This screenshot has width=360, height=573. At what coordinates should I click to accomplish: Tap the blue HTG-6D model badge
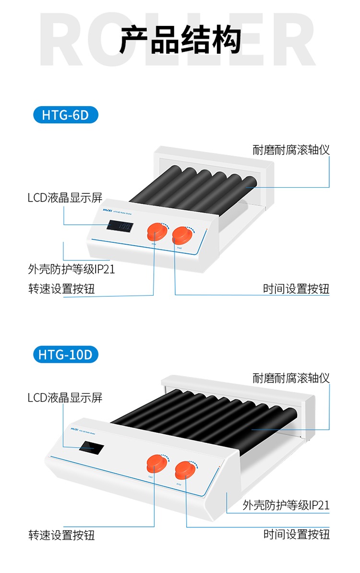point(66,115)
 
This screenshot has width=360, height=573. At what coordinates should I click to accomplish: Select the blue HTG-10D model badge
point(66,355)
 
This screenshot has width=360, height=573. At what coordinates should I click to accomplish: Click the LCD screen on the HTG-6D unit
point(120,226)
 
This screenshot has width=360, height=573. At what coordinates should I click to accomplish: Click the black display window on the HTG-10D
point(90,449)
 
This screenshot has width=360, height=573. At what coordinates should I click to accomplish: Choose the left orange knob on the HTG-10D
point(157,464)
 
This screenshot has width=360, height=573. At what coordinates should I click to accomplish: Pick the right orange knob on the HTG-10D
point(186,469)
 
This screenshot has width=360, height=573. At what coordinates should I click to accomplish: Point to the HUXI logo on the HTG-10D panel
point(74,430)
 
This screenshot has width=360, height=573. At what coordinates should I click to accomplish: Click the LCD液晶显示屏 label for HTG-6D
point(65,197)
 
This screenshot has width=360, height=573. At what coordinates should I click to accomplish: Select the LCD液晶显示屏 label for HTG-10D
point(65,397)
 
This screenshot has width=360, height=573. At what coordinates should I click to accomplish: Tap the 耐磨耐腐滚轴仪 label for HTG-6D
point(291,150)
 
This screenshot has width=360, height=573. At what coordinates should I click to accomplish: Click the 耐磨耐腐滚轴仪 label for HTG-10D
point(291,378)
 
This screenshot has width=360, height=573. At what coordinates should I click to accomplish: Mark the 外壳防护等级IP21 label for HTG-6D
point(72,269)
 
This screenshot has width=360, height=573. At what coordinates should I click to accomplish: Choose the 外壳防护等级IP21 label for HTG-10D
point(286,505)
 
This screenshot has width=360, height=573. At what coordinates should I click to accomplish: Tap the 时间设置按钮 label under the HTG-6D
point(296,289)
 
